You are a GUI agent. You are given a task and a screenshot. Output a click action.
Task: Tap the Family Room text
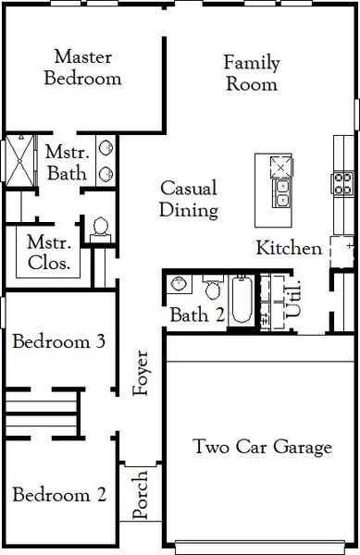pos(251,73)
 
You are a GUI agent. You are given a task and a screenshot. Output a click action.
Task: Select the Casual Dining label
pos(188,199)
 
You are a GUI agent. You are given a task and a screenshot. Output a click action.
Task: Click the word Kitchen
pos(289,248)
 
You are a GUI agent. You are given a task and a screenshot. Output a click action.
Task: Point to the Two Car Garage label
pos(262,448)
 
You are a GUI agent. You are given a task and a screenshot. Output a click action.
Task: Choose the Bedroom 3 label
pos(57,341)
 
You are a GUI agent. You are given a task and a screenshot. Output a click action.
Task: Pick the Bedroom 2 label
pos(57,494)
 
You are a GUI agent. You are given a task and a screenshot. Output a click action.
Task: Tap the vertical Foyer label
pos(141,374)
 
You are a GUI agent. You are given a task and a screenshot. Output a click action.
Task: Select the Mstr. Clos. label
pos(50,253)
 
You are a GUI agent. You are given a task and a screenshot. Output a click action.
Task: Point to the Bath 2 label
pos(197,314)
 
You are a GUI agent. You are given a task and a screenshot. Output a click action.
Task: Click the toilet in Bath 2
pos(214,290)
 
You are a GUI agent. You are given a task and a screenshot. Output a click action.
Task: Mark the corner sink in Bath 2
pos(180,284)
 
